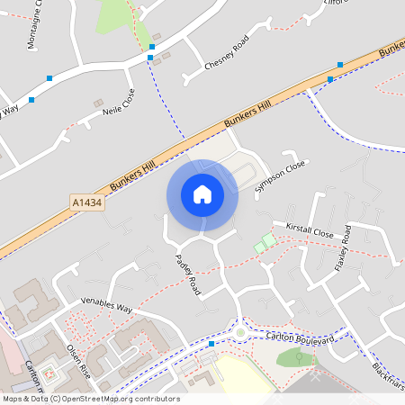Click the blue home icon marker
pos(202,194)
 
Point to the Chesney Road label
pos(226,55)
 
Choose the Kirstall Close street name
pos(309,231)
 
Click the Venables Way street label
pos(106,304)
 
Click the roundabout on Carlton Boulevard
pos(241,332)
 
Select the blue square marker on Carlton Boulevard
pos(211,344)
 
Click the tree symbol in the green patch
pos(300,358)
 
